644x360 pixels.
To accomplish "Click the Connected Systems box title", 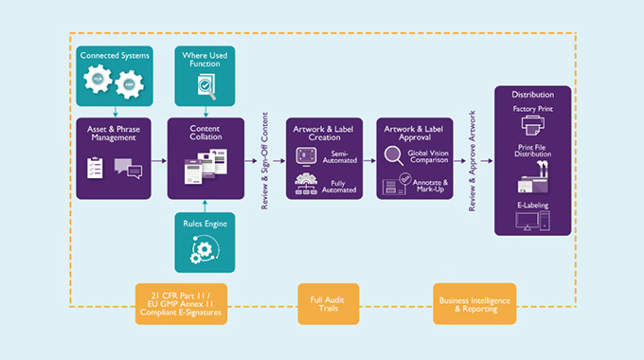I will tap(114, 57).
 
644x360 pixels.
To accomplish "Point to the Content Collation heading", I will tap(206, 132).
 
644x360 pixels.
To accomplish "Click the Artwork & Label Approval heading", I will tap(415, 132).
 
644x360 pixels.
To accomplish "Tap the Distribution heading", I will tap(532, 95).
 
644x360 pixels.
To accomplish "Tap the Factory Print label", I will tap(532, 110).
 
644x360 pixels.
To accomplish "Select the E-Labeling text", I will tap(532, 205).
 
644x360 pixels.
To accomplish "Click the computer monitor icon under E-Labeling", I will tap(532, 222).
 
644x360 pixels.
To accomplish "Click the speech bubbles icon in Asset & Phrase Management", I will tap(127, 170).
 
